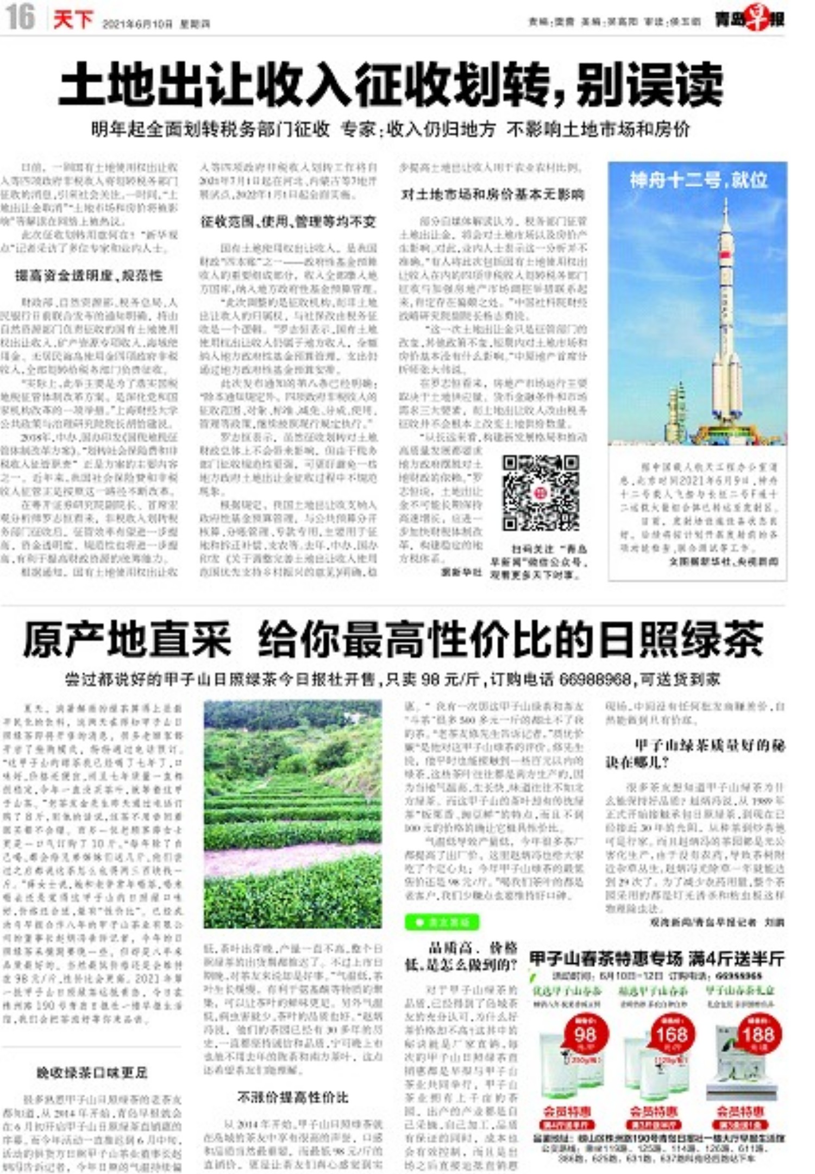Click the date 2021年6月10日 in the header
pyautogui.click(x=138, y=24)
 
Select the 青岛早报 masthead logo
pyautogui.click(x=749, y=21)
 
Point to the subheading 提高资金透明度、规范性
pyautogui.click(x=89, y=276)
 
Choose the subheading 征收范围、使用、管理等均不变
pyautogui.click(x=288, y=222)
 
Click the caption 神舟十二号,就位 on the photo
pyautogui.click(x=698, y=180)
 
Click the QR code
pyautogui.click(x=540, y=493)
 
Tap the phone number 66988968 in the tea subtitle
pyautogui.click(x=595, y=679)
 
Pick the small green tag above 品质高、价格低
pyautogui.click(x=442, y=922)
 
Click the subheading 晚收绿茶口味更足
pyautogui.click(x=92, y=1072)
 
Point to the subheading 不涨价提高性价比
pyautogui.click(x=292, y=1097)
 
